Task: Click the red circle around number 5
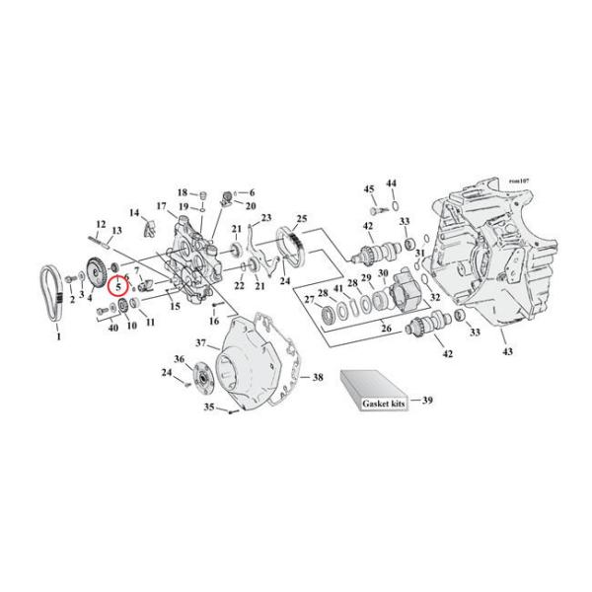point(118,288)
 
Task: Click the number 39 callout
point(427,402)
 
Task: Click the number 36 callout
point(179,358)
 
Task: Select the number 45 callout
point(369,188)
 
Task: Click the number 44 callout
point(391,184)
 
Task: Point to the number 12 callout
point(101,224)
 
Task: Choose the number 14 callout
point(133,213)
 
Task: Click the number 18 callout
point(183,191)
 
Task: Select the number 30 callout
point(384,273)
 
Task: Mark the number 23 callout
point(265,217)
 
